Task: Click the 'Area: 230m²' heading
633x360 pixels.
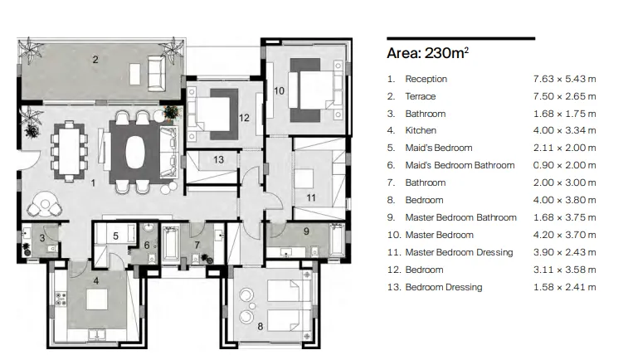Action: point(427,53)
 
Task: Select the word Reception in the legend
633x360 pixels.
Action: point(426,79)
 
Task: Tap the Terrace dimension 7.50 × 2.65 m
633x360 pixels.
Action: point(564,96)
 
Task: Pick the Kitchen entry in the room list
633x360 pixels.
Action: point(421,130)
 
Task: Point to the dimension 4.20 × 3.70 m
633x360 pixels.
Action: point(564,235)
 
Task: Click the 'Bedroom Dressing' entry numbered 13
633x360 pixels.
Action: point(444,287)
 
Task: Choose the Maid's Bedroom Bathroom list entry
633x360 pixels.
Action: point(460,165)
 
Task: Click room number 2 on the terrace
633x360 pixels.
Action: point(95,60)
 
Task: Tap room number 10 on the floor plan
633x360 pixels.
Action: point(279,90)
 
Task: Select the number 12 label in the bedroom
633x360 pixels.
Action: point(244,118)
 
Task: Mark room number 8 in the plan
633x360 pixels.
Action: point(260,326)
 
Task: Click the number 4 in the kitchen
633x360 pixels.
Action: point(96,280)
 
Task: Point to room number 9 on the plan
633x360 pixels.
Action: point(306,231)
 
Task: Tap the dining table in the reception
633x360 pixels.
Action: point(69,151)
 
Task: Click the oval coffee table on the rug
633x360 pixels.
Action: point(135,151)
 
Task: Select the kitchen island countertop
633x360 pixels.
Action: point(97,299)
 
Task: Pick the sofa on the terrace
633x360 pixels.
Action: point(156,74)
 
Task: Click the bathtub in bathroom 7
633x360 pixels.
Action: point(170,244)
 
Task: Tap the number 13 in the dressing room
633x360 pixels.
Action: point(218,160)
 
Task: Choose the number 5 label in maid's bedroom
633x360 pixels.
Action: point(115,236)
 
